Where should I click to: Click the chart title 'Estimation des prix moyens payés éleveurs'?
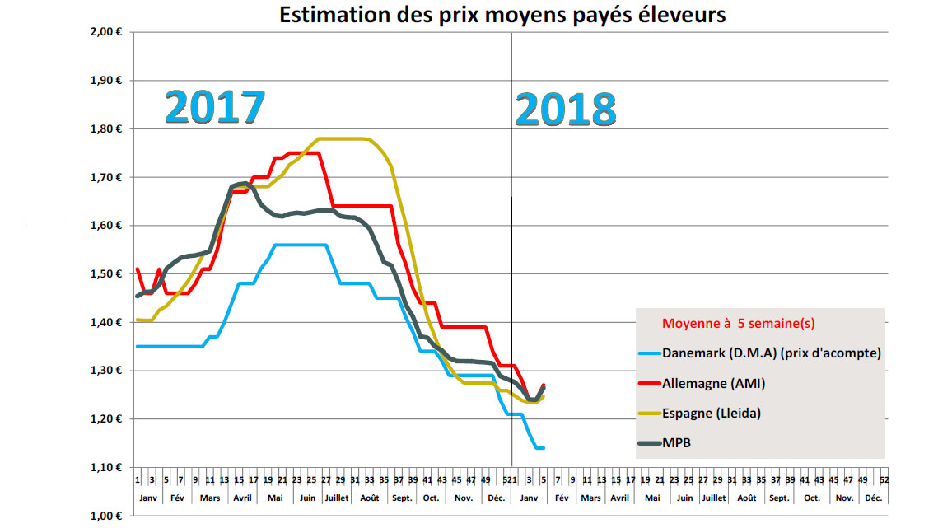pos(502,15)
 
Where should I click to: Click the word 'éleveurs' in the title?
pos(686,15)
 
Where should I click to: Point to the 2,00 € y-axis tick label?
pos(106,32)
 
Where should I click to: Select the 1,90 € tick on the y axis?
pos(106,81)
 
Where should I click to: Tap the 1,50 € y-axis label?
pos(106,274)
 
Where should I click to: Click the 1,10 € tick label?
pos(106,468)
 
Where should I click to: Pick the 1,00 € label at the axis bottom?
pos(106,516)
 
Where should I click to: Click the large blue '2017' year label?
pos(215,107)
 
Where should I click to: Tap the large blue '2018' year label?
pos(566,110)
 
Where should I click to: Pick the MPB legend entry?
pos(675,443)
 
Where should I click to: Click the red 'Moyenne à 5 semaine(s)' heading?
pos(740,323)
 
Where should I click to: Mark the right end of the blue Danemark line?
pos(544,447)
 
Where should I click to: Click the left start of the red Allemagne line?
pos(137,269)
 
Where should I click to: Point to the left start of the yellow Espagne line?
pos(137,320)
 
